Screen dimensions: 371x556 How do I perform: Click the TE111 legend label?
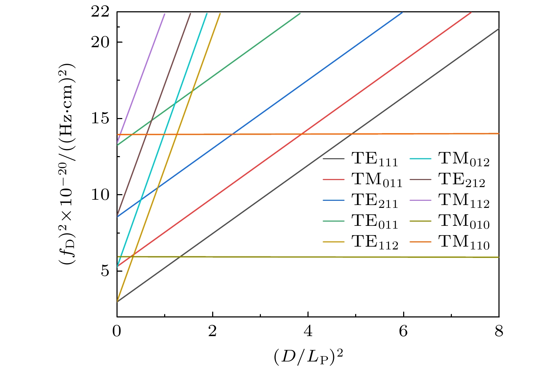(x=375, y=159)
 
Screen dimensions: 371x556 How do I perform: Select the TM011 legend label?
(x=377, y=180)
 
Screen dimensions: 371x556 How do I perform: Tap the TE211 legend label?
(x=375, y=201)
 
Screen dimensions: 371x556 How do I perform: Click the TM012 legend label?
(x=464, y=159)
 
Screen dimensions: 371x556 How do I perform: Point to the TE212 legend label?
(x=462, y=180)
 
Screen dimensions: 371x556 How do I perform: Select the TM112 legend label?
(x=464, y=201)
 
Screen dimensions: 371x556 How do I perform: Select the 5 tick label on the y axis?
(x=104, y=271)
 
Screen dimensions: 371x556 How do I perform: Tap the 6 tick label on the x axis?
(x=403, y=331)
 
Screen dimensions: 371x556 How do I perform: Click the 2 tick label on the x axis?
(x=212, y=331)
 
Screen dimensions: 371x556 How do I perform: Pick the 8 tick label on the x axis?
(x=498, y=331)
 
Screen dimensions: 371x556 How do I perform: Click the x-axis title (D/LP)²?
(x=308, y=357)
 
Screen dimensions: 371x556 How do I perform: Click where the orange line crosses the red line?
(x=301, y=134)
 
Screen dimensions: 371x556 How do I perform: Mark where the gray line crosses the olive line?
(x=180, y=257)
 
